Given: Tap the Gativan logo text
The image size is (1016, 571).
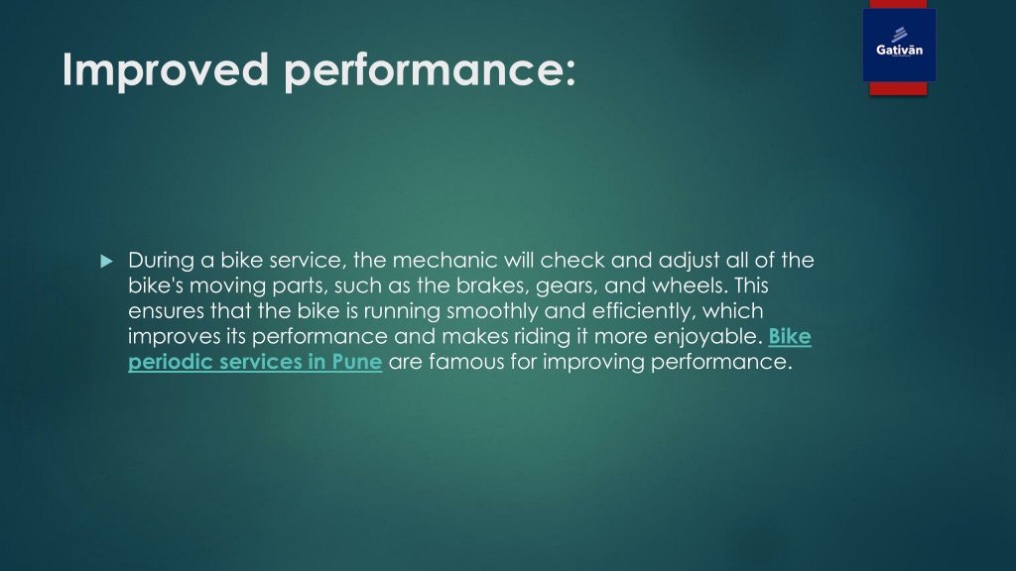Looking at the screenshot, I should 899,51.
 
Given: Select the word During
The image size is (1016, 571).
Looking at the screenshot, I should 160,261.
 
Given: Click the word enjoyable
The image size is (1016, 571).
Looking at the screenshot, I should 710,338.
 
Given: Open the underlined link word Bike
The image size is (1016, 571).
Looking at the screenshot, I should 790,337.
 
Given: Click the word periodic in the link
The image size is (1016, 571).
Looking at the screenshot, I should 170,363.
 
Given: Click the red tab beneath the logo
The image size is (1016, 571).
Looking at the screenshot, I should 898,89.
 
